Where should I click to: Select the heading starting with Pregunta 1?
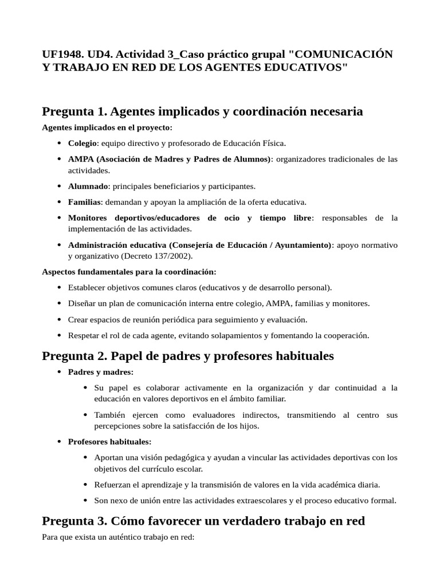pyautogui.click(x=202, y=111)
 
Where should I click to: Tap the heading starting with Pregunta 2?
pyautogui.click(x=187, y=356)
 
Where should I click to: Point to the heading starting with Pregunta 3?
pyautogui.click(x=203, y=521)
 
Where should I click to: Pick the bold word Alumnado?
pyautogui.click(x=88, y=186)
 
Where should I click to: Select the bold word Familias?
pyautogui.click(x=85, y=201)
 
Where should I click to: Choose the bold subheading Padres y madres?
pyautogui.click(x=100, y=372)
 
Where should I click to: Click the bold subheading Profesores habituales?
pyautogui.click(x=109, y=442)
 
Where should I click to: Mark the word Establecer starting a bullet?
pyautogui.click(x=87, y=287)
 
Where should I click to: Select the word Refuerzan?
pyautogui.click(x=112, y=485)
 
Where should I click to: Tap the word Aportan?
pyautogui.click(x=109, y=458)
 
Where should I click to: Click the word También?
pyautogui.click(x=109, y=415)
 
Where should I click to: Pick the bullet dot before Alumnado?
pyautogui.click(x=60, y=187)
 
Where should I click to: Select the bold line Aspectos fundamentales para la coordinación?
pyautogui.click(x=129, y=271)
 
